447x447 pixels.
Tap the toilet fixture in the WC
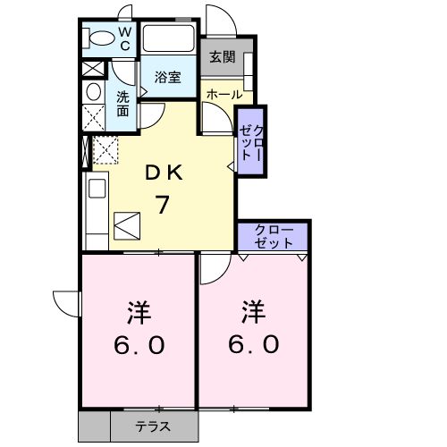click(97, 38)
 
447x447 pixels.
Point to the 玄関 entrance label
click(223, 56)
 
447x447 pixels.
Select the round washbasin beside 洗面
click(93, 91)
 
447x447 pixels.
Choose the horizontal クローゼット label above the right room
click(273, 236)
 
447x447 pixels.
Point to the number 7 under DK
click(164, 204)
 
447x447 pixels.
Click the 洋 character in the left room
click(138, 314)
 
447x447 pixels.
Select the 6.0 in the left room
click(138, 345)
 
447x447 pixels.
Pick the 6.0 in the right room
click(256, 345)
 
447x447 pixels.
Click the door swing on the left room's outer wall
click(64, 302)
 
